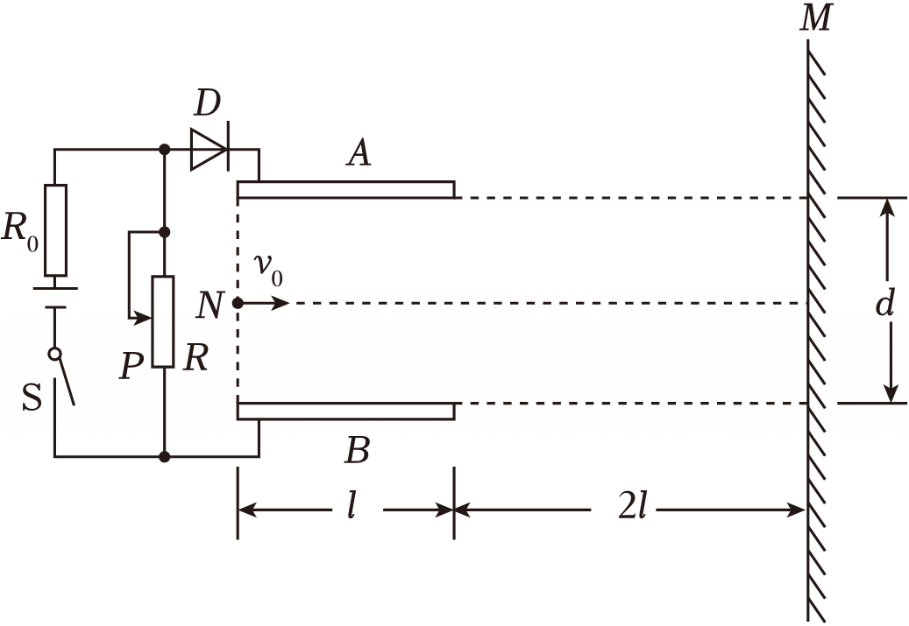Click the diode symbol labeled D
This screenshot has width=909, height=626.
pyautogui.click(x=209, y=150)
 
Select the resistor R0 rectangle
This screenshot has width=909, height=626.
pyautogui.click(x=55, y=230)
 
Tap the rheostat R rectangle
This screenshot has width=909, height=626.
pyautogui.click(x=163, y=322)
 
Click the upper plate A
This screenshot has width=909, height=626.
pyautogui.click(x=346, y=190)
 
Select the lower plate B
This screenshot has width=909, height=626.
pyautogui.click(x=346, y=411)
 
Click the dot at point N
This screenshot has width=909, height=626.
pyautogui.click(x=237, y=303)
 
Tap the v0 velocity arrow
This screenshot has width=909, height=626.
pyautogui.click(x=263, y=303)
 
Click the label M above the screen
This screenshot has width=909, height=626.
pyautogui.click(x=816, y=18)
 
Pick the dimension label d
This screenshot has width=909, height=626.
pyautogui.click(x=884, y=302)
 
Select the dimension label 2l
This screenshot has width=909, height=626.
pyautogui.click(x=632, y=509)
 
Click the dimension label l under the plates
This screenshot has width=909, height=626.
pyautogui.click(x=352, y=509)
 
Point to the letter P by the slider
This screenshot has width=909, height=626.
pyautogui.click(x=131, y=365)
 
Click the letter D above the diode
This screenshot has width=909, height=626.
pyautogui.click(x=208, y=103)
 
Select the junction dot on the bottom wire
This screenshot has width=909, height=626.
pyautogui.click(x=165, y=457)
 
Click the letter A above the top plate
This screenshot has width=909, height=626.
pyautogui.click(x=359, y=153)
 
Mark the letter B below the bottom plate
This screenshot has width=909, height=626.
pyautogui.click(x=357, y=451)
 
